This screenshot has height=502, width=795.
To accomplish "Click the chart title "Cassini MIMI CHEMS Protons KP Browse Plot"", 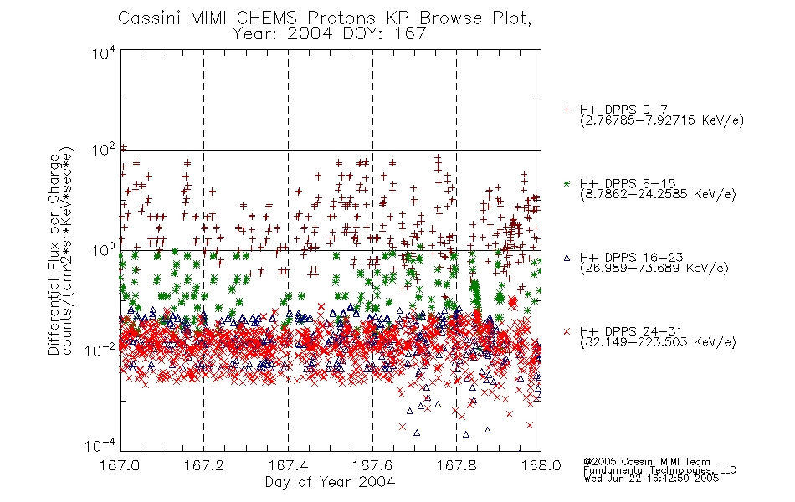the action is point(325,18).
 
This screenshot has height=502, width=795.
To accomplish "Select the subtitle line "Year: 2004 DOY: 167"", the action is point(329,34).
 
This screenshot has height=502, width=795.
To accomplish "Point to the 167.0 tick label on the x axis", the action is point(120,465).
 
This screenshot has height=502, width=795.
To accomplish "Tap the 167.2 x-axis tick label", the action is point(204,465).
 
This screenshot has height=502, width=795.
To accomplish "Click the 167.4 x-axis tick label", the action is point(288,465).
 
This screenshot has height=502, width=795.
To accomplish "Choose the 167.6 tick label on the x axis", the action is point(372,465).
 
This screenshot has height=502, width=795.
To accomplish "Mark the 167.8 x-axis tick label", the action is point(457,465).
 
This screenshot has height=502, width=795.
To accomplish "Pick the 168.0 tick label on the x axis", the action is point(541,465).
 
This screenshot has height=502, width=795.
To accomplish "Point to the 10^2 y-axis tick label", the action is point(104,151).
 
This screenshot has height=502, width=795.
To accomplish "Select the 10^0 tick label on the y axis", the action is point(104,250).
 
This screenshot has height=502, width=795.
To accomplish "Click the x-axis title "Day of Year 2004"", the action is point(330,481).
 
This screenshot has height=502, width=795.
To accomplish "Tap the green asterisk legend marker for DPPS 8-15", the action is point(567,184).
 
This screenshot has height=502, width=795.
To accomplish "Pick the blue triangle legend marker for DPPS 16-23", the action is point(567,258).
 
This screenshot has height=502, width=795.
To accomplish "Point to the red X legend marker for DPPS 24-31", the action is point(567,331).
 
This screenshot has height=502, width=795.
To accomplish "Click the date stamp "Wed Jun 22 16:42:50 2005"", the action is point(651,478).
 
